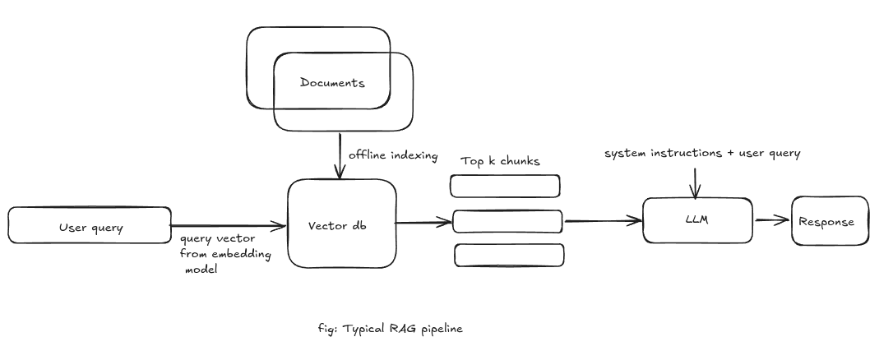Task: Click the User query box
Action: click(89, 226)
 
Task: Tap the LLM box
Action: click(697, 220)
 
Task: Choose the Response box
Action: click(829, 221)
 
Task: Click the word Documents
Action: click(332, 82)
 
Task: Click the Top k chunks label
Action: click(500, 161)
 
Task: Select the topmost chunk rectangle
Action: click(507, 186)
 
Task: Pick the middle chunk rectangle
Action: click(508, 221)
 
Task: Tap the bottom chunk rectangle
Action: click(510, 255)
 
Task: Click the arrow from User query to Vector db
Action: click(229, 225)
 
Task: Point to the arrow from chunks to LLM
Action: click(602, 220)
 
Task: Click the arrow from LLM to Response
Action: click(771, 220)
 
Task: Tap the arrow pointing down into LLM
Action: click(696, 182)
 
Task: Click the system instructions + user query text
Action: click(702, 154)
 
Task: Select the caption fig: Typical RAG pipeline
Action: click(390, 329)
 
